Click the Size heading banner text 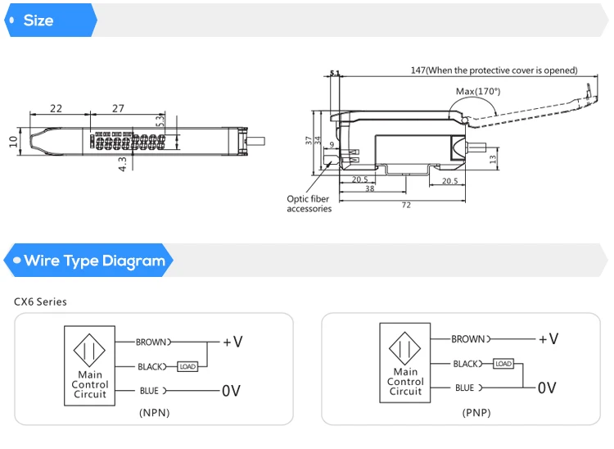(x=38, y=20)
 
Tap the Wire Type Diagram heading (x=95, y=261)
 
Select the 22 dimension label (x=56, y=108)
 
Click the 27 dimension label (x=118, y=108)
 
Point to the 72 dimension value (x=406, y=205)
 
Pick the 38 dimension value (x=370, y=188)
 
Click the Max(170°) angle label (x=478, y=91)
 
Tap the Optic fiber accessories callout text (x=309, y=204)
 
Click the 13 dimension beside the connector (x=493, y=159)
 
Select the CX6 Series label (x=40, y=302)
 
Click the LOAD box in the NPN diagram (x=187, y=367)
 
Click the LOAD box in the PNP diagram (x=503, y=364)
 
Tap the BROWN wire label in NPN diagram (x=151, y=342)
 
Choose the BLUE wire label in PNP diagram (x=464, y=388)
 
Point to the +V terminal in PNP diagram (x=549, y=339)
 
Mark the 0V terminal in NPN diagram (x=231, y=391)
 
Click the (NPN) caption (x=154, y=413)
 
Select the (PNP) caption (x=476, y=413)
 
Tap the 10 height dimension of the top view (x=13, y=142)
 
